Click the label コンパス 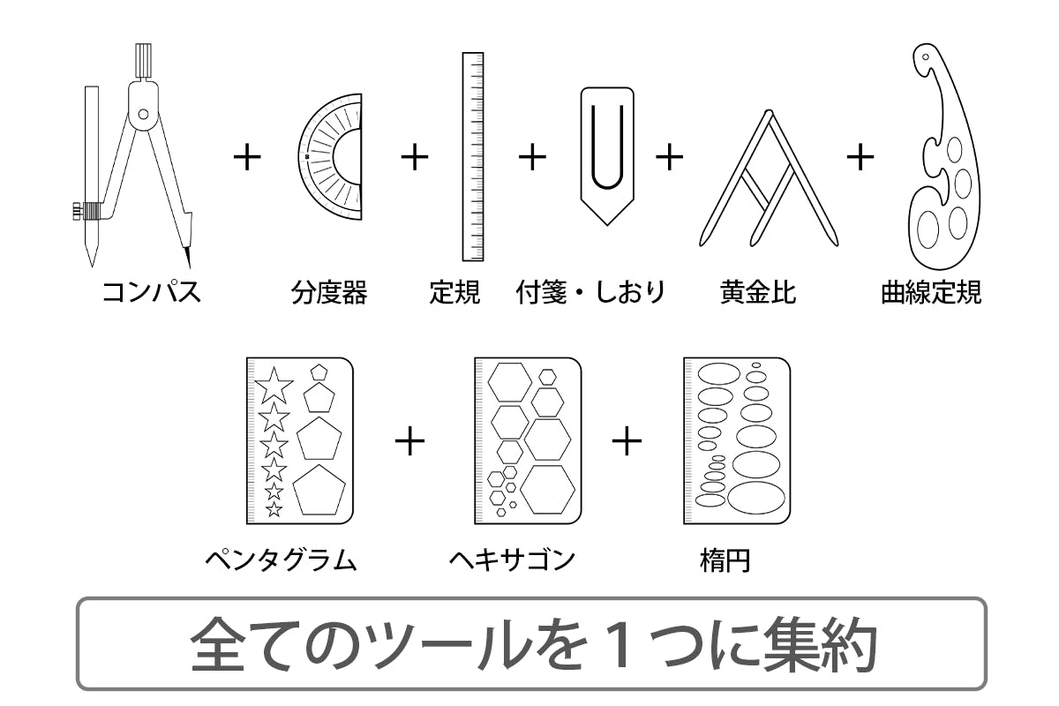151,292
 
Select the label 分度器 329,292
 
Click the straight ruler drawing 473,156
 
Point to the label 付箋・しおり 591,292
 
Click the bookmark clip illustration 607,156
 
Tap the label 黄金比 758,292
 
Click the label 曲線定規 931,292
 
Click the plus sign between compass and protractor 247,157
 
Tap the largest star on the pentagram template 274,385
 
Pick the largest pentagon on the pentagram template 319,490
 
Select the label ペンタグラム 281,560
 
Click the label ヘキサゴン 512,560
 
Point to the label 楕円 725,560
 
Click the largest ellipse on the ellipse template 756,498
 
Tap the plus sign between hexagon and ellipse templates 627,440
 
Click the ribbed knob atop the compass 143,60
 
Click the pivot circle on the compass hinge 143,114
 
